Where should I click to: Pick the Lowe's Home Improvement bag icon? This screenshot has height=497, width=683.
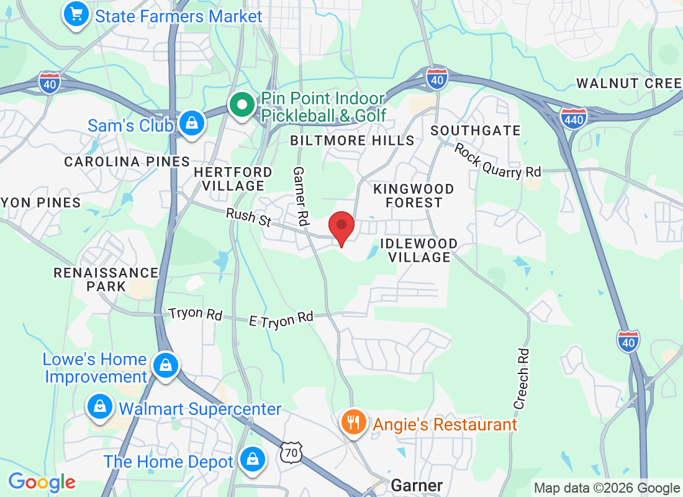coord(165,365)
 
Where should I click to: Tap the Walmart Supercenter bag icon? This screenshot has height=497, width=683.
coord(99,407)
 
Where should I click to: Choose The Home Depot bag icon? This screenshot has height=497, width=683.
coord(253,460)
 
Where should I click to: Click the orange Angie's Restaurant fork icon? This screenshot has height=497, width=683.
coord(353,422)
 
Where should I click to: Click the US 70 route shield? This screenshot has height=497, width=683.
coord(291,452)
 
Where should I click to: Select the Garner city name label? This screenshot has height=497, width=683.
coord(417,485)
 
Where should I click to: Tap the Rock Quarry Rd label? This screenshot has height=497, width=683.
coord(497,160)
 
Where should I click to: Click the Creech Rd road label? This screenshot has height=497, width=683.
coord(522,377)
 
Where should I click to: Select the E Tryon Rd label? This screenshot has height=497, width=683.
coord(281,318)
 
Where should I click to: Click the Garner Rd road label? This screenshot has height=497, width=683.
coord(301,196)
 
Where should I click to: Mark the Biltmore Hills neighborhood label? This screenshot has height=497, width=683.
coord(352,140)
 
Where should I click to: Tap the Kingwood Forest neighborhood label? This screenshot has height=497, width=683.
coord(414,196)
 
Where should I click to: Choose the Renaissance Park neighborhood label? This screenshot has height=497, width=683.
coord(106,280)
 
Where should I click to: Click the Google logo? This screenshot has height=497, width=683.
coord(42,482)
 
